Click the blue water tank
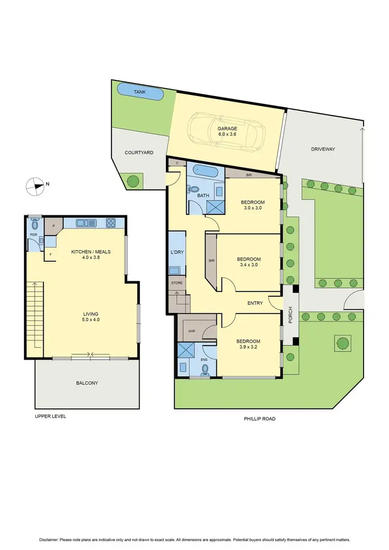(141, 92)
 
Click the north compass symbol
(36, 186)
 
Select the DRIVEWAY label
(323, 149)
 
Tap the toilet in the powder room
(35, 225)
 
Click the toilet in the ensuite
(205, 369)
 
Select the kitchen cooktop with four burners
(111, 224)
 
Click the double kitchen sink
(86, 224)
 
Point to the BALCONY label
(87, 383)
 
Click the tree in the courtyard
(133, 181)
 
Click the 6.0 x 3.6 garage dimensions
(227, 134)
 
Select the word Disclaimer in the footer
(49, 538)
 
